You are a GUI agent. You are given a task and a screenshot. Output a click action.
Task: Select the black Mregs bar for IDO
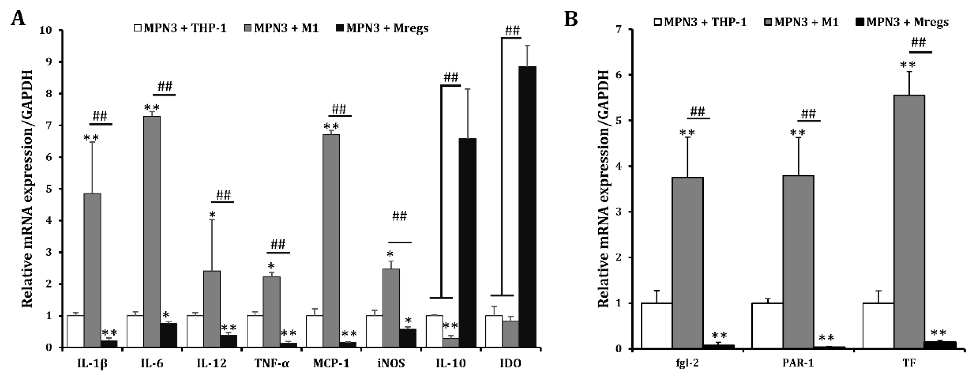[527, 207]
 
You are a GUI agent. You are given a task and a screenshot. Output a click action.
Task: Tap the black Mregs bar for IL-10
[467, 243]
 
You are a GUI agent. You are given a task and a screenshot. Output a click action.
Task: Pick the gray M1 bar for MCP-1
[331, 241]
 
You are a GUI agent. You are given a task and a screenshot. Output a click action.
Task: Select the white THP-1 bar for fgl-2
[656, 325]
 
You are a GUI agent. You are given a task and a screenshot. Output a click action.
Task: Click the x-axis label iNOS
[391, 364]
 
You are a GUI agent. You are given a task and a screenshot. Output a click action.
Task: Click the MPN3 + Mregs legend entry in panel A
[382, 28]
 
